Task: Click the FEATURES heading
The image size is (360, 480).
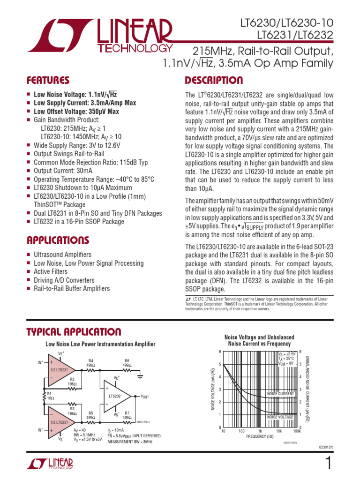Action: [x=48, y=80]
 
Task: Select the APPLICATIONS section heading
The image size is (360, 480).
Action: [x=58, y=240]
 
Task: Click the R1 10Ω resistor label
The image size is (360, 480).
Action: [x=50, y=396]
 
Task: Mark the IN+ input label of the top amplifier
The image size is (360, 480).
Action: [x=40, y=362]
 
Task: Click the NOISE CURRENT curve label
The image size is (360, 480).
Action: [x=280, y=394]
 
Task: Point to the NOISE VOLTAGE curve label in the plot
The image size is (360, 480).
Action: [x=280, y=417]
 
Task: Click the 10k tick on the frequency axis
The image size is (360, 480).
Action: [x=278, y=431]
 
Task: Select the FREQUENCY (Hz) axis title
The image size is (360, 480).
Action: [x=261, y=436]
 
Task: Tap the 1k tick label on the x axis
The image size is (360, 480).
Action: [x=260, y=431]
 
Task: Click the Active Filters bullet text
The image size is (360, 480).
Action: [x=51, y=272]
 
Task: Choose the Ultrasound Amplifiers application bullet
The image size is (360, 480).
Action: [x=62, y=255]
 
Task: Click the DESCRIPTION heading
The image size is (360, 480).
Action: [x=214, y=80]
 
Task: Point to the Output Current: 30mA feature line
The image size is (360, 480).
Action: [x=63, y=171]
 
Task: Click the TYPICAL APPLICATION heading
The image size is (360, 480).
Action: [x=74, y=332]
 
